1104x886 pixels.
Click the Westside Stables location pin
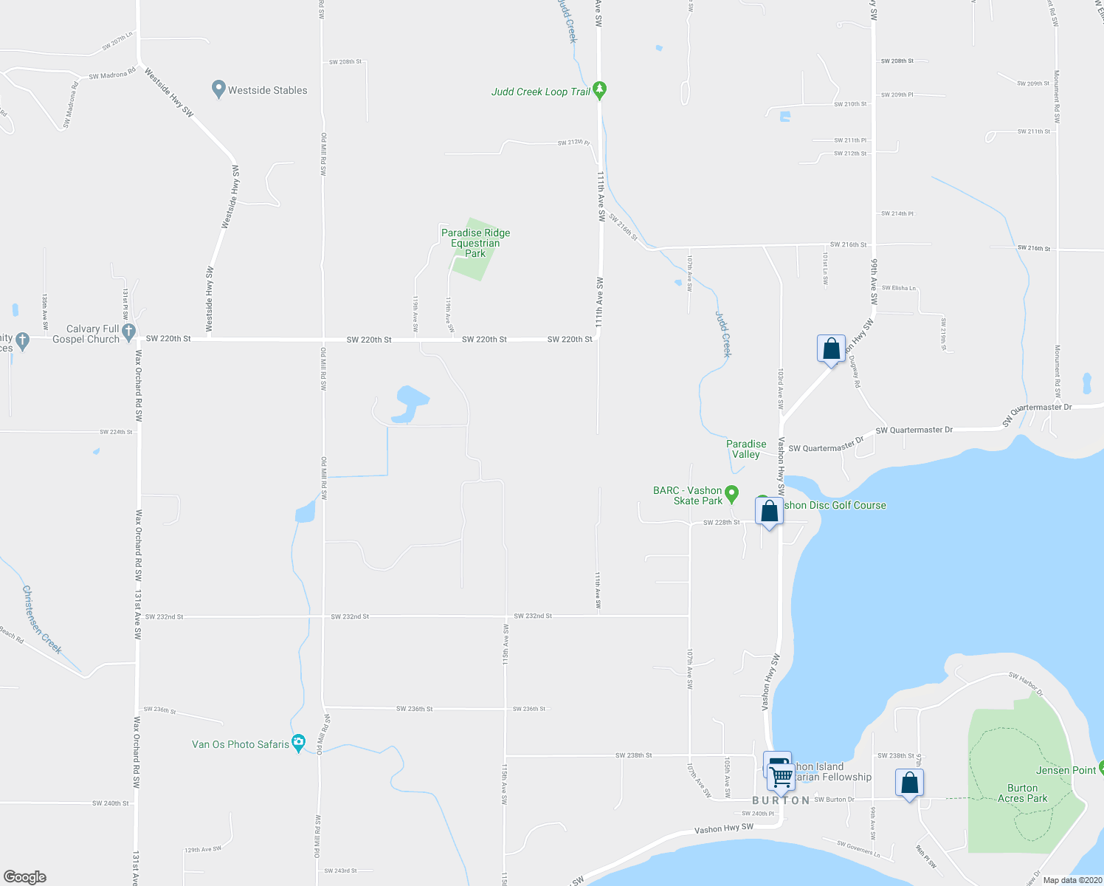click(218, 89)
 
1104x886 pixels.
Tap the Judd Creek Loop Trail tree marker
click(600, 90)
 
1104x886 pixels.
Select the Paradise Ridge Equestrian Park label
click(475, 243)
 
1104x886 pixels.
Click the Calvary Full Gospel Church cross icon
click(129, 332)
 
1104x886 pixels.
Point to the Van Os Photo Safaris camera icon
click(298, 742)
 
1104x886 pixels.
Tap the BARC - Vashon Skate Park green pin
click(731, 492)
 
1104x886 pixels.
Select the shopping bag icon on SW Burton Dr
click(909, 783)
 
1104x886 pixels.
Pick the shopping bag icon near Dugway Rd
click(831, 348)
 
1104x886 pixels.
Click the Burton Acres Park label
click(1022, 794)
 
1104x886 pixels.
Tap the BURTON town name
click(782, 800)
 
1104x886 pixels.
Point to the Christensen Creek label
click(41, 619)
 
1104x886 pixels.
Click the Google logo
click(25, 876)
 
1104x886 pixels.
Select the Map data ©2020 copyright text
click(1072, 880)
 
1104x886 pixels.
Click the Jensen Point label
click(1066, 770)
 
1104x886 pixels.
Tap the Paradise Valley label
click(746, 449)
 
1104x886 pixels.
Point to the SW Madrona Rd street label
click(112, 75)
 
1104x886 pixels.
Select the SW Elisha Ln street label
click(898, 288)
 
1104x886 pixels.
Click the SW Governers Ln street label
click(858, 848)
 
